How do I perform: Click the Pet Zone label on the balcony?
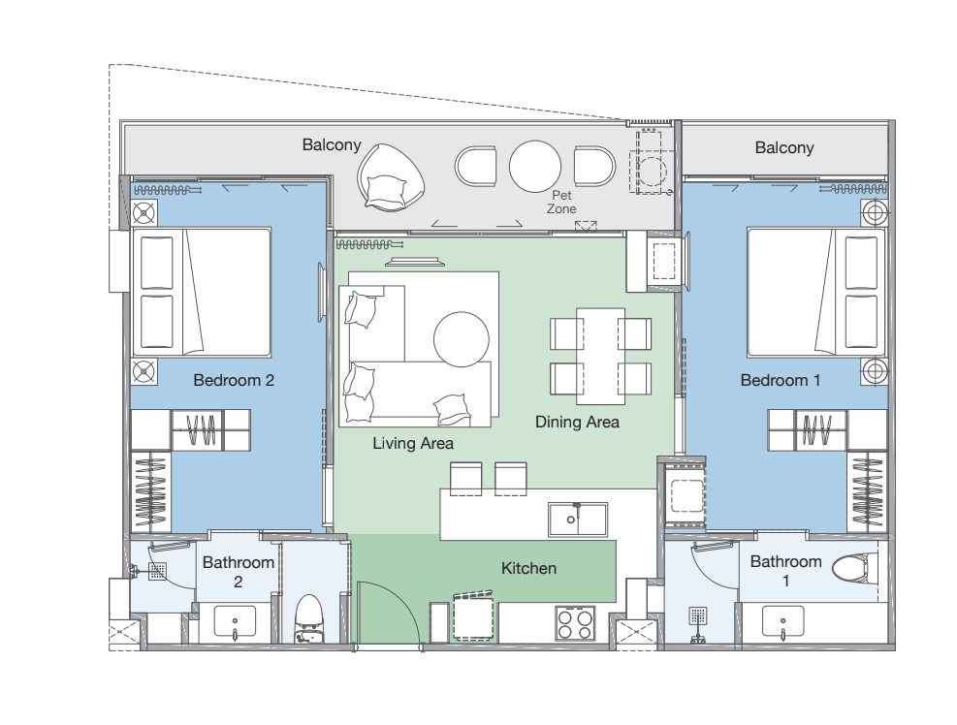[561, 202]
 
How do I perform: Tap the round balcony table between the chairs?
[535, 167]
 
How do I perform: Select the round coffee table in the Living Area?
[462, 339]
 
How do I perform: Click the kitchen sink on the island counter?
[577, 520]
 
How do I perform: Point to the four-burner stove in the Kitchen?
[575, 623]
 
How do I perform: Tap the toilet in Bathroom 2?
[309, 619]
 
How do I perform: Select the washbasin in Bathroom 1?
[783, 621]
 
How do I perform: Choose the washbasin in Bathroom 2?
[236, 621]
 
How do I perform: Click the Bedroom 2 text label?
[234, 380]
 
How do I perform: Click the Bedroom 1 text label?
[780, 380]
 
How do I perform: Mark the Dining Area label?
[577, 422]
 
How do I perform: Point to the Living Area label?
[413, 443]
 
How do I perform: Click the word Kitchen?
[528, 568]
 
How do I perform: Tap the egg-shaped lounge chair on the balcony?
[391, 178]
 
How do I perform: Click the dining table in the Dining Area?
[600, 357]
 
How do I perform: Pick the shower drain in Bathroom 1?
[698, 616]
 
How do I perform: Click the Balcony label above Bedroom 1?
[784, 147]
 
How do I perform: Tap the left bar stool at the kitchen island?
[465, 479]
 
